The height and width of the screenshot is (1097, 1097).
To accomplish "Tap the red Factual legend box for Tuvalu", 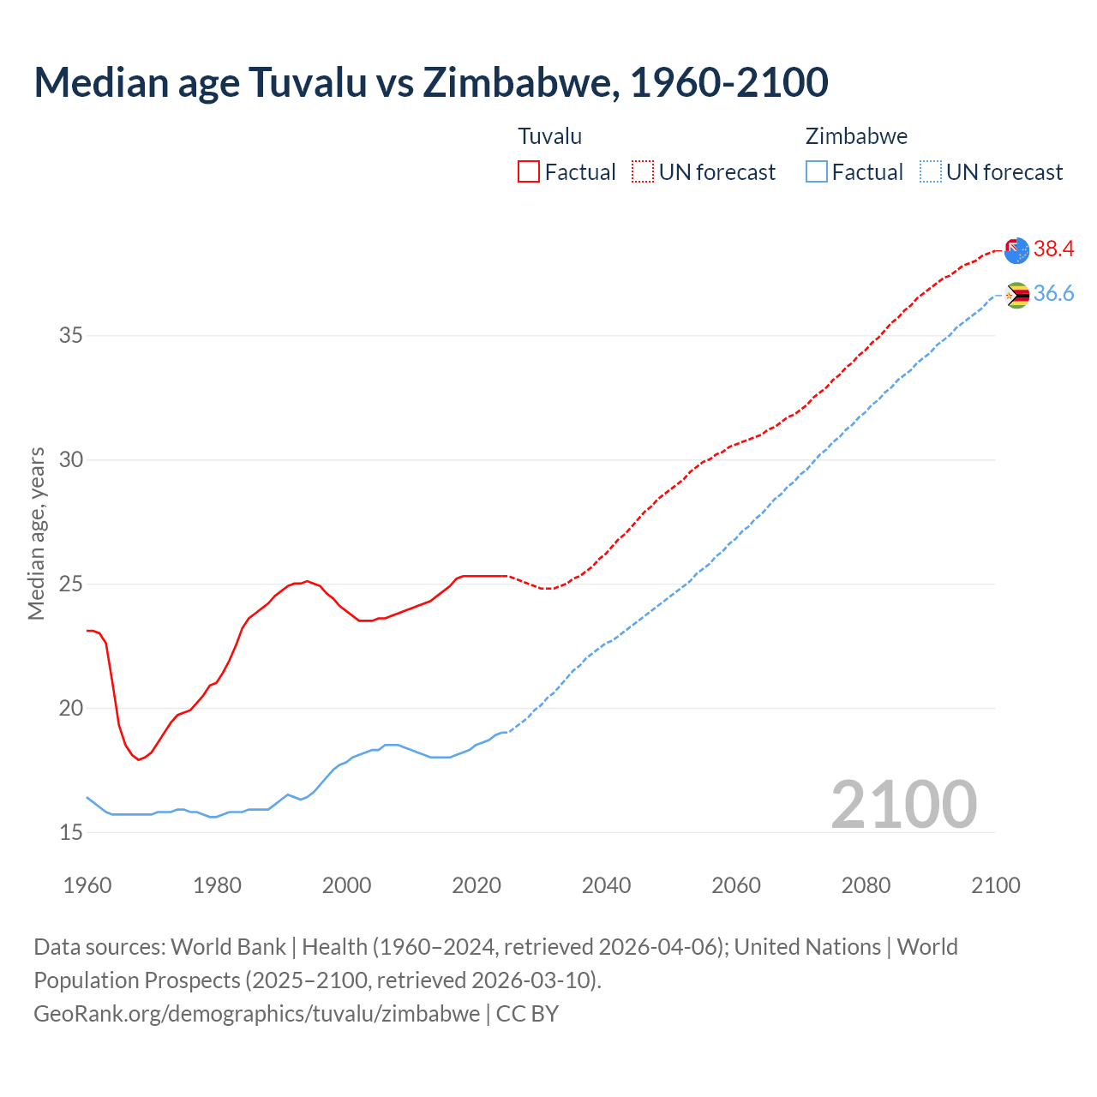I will coord(529,172).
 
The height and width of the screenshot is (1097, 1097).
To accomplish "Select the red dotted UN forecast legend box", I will coord(643,172).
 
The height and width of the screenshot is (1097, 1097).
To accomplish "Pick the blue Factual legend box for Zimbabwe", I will coord(817,172).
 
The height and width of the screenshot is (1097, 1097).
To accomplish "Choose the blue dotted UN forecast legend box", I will coord(931,172).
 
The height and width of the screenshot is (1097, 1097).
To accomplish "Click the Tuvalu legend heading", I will coord(549,136).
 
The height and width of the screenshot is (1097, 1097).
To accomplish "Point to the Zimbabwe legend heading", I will coord(856,136).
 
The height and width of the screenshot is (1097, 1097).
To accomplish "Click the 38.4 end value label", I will coord(1053,249).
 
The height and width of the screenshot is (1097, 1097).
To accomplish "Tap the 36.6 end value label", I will coord(1053,294).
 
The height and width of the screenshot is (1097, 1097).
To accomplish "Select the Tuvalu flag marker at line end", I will coord(1016,250).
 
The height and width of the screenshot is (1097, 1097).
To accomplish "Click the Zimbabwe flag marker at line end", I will coord(1016,296).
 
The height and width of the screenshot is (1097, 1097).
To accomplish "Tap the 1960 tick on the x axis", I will coord(87,885).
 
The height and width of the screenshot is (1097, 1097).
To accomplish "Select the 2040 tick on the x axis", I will coord(606,885).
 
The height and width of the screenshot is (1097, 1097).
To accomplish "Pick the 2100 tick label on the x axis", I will coord(996,885).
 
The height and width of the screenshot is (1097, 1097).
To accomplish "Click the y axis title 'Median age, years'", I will coord(36,533).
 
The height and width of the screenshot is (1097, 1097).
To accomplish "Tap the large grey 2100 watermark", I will coord(903,804).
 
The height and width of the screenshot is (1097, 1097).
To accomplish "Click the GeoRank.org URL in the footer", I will coord(256,1014).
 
